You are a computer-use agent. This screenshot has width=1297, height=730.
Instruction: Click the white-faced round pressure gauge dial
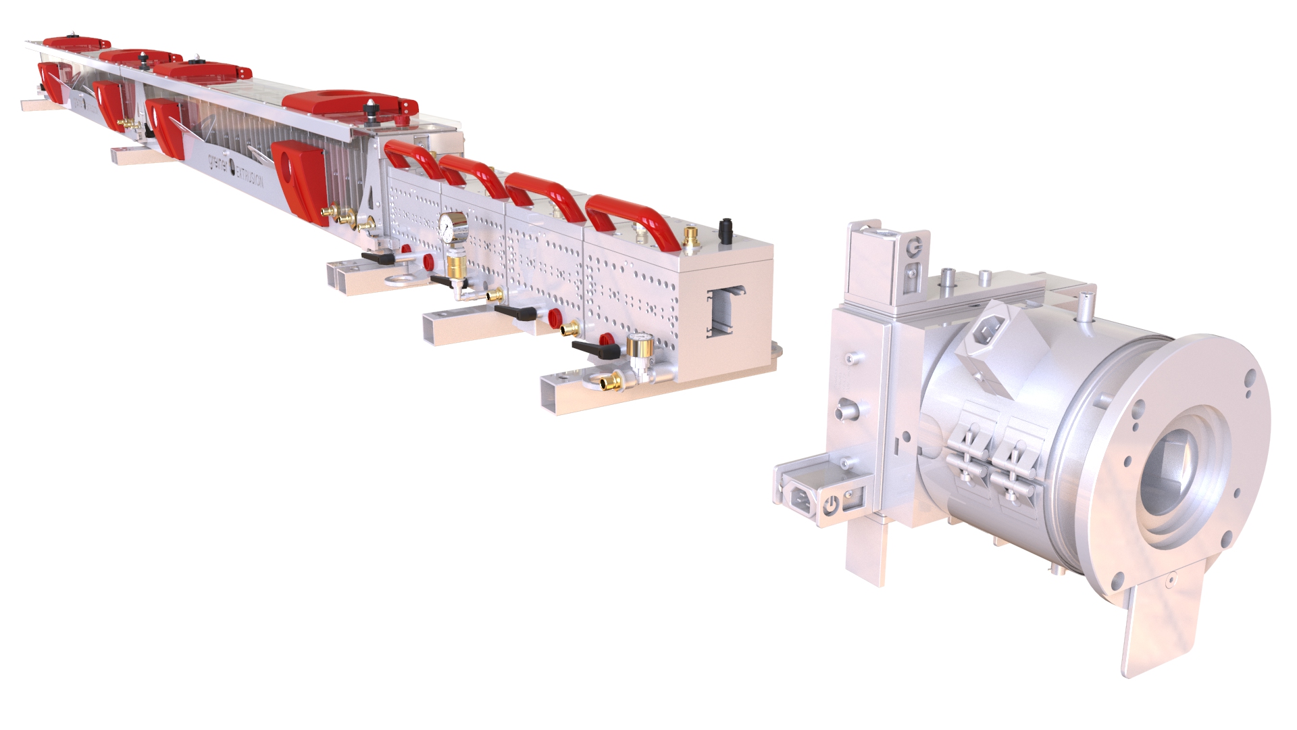(453, 225)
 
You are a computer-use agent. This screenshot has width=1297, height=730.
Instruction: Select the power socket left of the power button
(802, 499)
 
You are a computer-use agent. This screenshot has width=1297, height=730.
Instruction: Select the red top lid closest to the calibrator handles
(349, 103)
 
